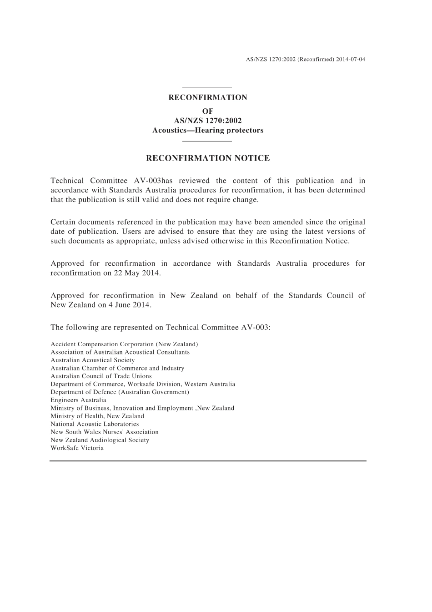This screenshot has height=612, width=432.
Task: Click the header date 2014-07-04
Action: click(351, 59)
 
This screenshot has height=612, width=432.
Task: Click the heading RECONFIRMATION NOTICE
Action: click(207, 158)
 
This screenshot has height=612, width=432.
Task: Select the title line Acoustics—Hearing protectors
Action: click(208, 130)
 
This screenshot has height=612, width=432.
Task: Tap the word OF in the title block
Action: click(207, 111)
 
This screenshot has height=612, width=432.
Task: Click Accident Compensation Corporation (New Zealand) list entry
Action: click(124, 344)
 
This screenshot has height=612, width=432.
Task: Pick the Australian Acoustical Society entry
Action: click(92, 360)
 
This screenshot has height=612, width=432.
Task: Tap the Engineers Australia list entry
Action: click(78, 400)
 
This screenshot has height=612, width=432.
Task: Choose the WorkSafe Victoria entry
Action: click(77, 448)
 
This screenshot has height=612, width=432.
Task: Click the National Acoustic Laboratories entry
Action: click(95, 424)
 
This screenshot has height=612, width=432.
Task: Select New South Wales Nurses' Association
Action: click(105, 432)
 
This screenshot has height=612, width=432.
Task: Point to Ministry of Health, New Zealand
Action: click(97, 416)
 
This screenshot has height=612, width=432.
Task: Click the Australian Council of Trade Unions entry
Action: click(101, 376)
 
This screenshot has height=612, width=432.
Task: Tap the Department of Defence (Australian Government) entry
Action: click(120, 392)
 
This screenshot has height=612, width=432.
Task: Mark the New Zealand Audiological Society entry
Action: click(100, 440)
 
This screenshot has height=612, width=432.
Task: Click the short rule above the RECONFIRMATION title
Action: click(207, 88)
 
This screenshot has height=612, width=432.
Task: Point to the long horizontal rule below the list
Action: click(208, 461)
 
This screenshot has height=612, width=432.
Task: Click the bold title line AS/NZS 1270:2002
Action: click(208, 121)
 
